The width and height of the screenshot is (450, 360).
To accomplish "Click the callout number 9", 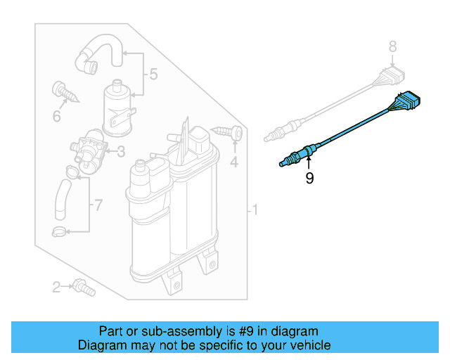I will (x=309, y=179).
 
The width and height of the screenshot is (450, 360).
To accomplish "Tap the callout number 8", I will (x=393, y=47).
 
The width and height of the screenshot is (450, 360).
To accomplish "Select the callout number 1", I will (x=256, y=210).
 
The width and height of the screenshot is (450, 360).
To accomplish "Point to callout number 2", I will (x=56, y=286).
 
